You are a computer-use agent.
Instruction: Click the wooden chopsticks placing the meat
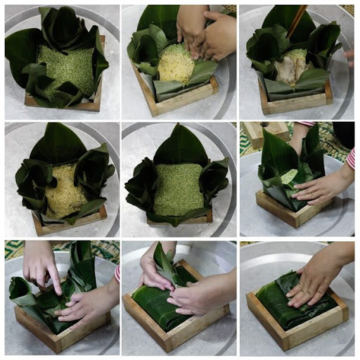(298, 21)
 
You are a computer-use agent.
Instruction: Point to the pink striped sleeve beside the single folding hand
(350, 157)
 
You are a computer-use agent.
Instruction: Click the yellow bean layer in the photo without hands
(63, 191)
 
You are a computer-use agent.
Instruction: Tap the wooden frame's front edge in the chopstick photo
(295, 107)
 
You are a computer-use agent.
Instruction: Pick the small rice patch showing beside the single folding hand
(289, 176)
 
